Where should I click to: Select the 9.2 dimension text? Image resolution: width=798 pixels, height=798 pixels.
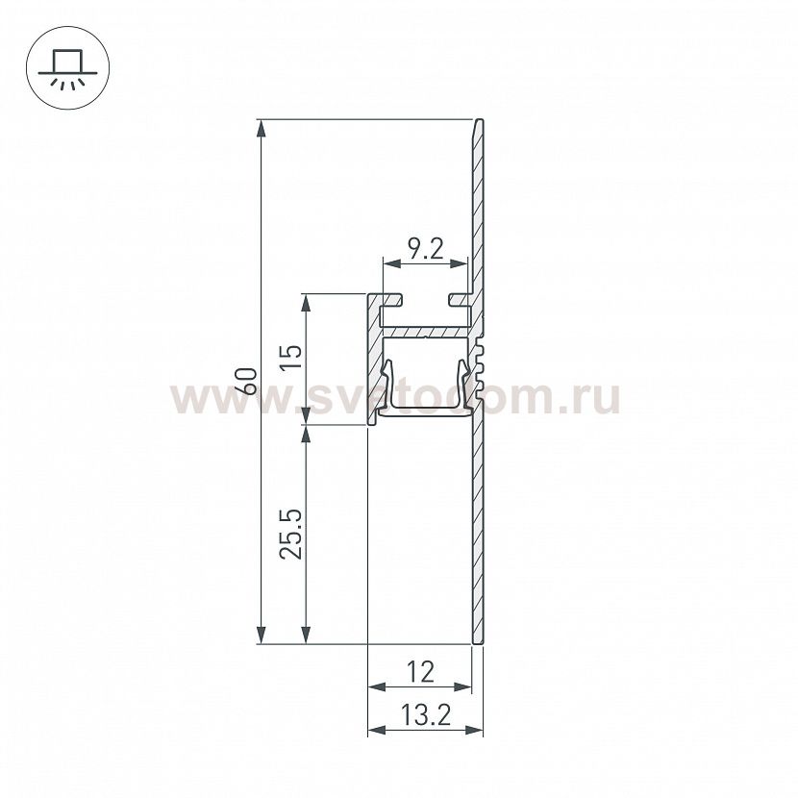click(424, 251)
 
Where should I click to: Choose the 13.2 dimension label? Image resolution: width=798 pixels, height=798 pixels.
click(424, 716)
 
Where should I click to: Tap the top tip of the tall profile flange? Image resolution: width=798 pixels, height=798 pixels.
click(479, 122)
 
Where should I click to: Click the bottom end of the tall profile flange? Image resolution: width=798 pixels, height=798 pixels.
click(477, 640)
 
